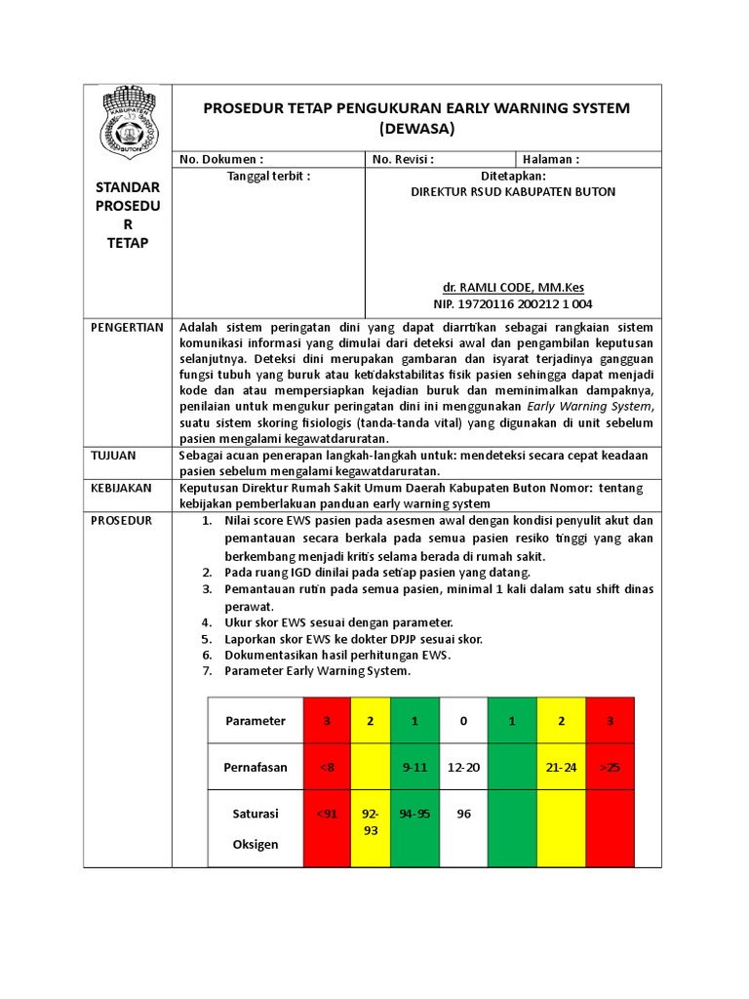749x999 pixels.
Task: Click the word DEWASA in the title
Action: pyautogui.click(x=416, y=128)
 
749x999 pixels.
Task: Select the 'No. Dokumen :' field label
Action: pyautogui.click(x=221, y=159)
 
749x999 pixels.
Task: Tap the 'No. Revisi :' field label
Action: pyautogui.click(x=403, y=159)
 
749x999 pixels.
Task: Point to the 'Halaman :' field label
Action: pyautogui.click(x=551, y=159)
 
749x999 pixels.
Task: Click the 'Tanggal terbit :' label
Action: pyautogui.click(x=268, y=176)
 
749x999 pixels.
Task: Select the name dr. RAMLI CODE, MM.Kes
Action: pyautogui.click(x=513, y=288)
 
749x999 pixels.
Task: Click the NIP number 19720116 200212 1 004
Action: pyautogui.click(x=513, y=303)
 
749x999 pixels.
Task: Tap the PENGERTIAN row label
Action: pyautogui.click(x=127, y=328)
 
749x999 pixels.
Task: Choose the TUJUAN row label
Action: pyautogui.click(x=114, y=456)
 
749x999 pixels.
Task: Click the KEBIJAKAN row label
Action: pyautogui.click(x=121, y=488)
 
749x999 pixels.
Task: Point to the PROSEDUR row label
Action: pyautogui.click(x=121, y=520)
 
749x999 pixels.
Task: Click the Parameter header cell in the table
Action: pyautogui.click(x=256, y=721)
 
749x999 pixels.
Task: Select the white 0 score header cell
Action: pyautogui.click(x=463, y=721)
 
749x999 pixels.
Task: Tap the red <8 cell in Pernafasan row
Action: pyautogui.click(x=328, y=767)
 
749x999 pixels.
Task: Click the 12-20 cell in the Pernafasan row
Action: pyautogui.click(x=463, y=767)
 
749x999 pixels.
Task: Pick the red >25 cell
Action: pyautogui.click(x=610, y=767)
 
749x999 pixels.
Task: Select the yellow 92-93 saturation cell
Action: pyautogui.click(x=371, y=820)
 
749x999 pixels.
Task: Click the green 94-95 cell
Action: pyautogui.click(x=414, y=813)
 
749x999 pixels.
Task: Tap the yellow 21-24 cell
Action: pyautogui.click(x=561, y=767)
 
